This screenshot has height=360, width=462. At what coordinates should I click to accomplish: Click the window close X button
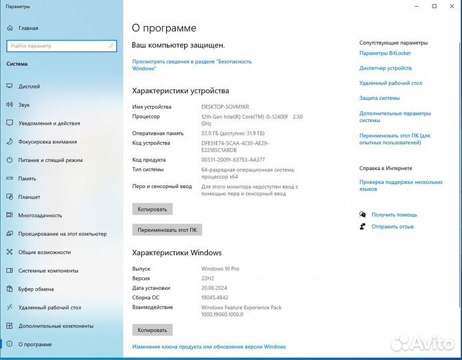tap(452, 7)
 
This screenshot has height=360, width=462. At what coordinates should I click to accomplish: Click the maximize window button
tap(434, 7)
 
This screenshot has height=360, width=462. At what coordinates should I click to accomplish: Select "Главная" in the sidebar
tap(28, 29)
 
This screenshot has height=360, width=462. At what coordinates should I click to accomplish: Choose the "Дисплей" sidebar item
tap(29, 87)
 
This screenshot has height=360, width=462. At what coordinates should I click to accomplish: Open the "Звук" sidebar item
tap(24, 105)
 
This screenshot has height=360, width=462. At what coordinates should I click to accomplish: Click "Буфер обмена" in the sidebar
tap(36, 289)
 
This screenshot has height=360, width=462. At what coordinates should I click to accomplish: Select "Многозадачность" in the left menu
tap(40, 215)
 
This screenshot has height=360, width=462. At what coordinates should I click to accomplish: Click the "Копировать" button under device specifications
tap(152, 209)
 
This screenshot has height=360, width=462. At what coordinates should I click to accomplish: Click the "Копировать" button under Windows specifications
tap(152, 329)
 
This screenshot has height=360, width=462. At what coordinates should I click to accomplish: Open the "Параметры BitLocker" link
tap(385, 53)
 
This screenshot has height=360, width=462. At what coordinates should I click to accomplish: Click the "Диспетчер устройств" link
tap(385, 68)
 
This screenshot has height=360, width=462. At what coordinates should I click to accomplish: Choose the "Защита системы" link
tap(379, 98)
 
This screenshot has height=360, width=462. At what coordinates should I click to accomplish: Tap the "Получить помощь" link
tap(394, 215)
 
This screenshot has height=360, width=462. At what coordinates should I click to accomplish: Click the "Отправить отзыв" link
tap(393, 227)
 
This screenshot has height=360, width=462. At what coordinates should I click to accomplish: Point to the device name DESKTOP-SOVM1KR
tap(225, 107)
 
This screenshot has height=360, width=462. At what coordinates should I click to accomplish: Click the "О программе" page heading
tap(164, 28)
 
